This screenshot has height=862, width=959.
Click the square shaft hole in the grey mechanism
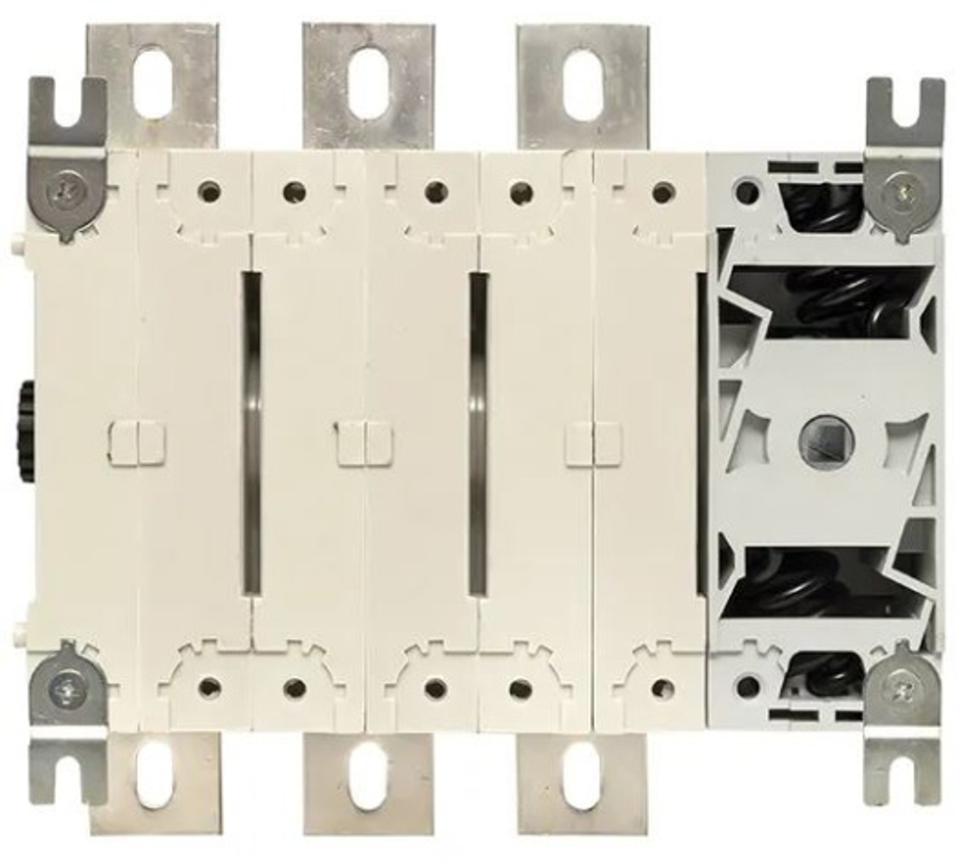coord(821,442)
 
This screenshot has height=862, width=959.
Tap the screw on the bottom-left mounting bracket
coord(64,686)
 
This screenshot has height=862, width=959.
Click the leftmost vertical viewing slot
coord(251,431)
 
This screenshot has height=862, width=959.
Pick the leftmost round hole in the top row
coord(208,192)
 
